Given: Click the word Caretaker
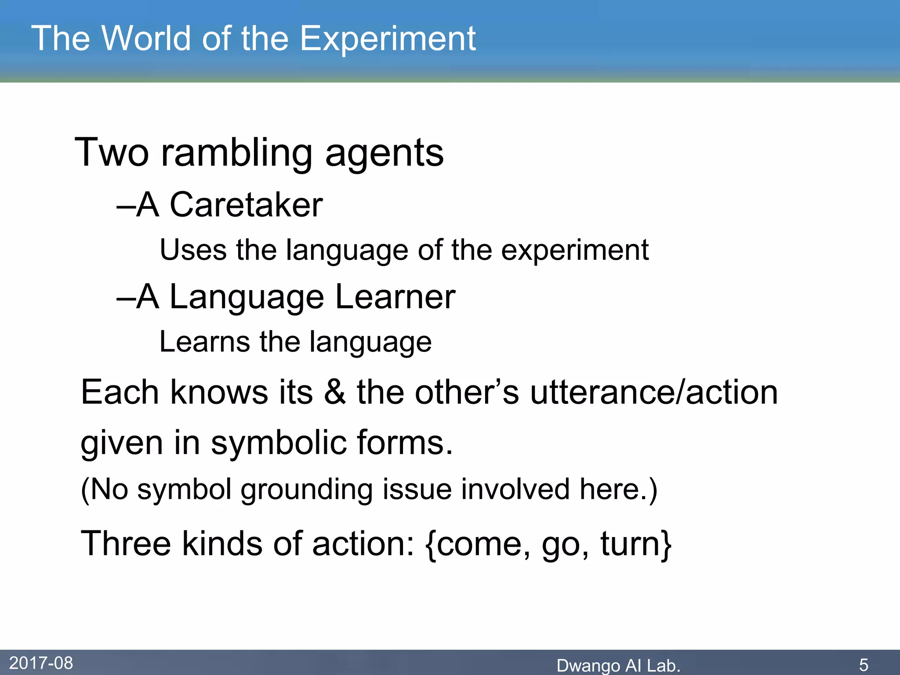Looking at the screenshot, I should click(246, 205).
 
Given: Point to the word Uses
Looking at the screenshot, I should click(193, 250).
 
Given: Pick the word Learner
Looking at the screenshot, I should click(395, 297).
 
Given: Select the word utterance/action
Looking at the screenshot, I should click(654, 392).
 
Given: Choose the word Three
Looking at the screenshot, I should click(126, 544).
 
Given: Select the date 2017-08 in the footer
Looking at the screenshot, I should click(41, 663).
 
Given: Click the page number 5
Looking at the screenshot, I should click(864, 665).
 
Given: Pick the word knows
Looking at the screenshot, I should click(219, 392).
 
